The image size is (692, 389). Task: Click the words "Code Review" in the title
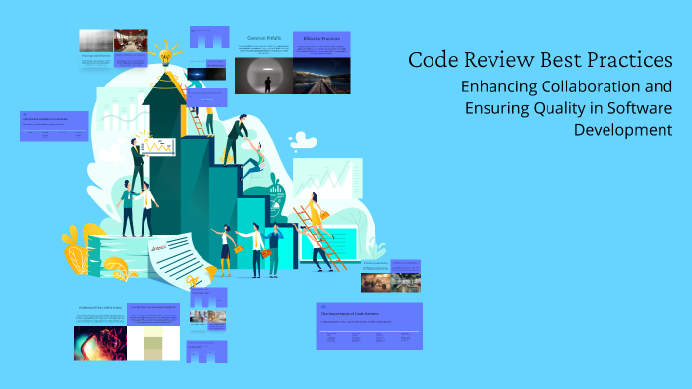coord(465,60)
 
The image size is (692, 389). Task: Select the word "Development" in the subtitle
coord(623,129)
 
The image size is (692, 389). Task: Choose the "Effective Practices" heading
coord(320,39)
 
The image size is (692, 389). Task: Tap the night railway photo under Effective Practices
coord(320,75)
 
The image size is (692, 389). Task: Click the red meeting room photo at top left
coord(125,40)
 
